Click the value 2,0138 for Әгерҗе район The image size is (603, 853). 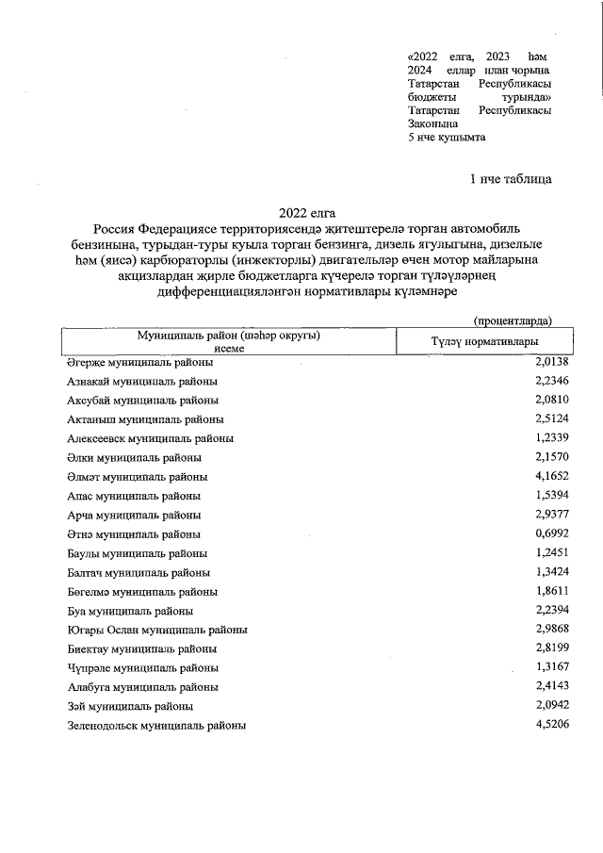[553, 361]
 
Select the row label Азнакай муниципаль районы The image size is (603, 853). [141, 381]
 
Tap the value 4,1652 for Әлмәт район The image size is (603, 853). [553, 477]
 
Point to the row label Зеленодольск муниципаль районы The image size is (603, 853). [156, 726]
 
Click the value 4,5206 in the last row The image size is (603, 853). [553, 725]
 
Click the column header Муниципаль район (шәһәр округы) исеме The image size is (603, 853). [229, 341]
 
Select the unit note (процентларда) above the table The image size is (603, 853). [513, 320]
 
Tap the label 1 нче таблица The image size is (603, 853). [511, 178]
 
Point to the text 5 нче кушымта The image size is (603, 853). [447, 137]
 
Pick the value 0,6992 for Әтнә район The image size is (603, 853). [553, 534]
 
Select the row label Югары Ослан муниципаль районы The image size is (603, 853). [157, 630]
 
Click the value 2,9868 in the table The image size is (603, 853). [553, 630]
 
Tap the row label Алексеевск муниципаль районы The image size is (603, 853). [150, 438]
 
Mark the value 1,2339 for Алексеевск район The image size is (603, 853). [553, 438]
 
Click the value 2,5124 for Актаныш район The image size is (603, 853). [553, 419]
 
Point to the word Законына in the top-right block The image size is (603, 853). [432, 123]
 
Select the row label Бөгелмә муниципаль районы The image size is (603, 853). [141, 592]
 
